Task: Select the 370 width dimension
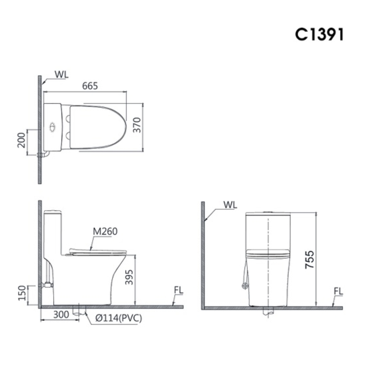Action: (137, 125)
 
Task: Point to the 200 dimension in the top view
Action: (21, 139)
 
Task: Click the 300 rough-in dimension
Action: (61, 314)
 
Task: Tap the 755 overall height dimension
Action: (310, 260)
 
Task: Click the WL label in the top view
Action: (61, 74)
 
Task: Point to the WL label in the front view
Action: (230, 205)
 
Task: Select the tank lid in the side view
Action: (52, 212)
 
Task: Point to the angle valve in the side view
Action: (47, 284)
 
